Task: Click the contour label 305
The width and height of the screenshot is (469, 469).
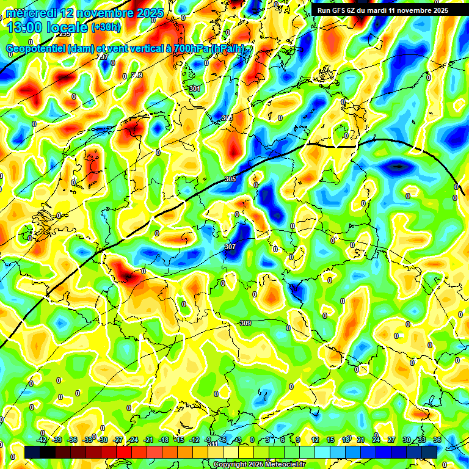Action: pyautogui.click(x=230, y=179)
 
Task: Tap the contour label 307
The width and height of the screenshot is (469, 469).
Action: pyautogui.click(x=230, y=247)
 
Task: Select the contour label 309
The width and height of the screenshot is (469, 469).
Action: pyautogui.click(x=245, y=323)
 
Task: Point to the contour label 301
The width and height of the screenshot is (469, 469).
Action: pyautogui.click(x=195, y=89)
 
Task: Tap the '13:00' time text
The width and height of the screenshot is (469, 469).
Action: pyautogui.click(x=24, y=27)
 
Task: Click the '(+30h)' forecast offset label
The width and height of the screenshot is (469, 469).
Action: pyautogui.click(x=106, y=27)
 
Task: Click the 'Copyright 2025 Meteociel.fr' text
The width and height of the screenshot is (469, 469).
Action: pyautogui.click(x=259, y=465)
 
